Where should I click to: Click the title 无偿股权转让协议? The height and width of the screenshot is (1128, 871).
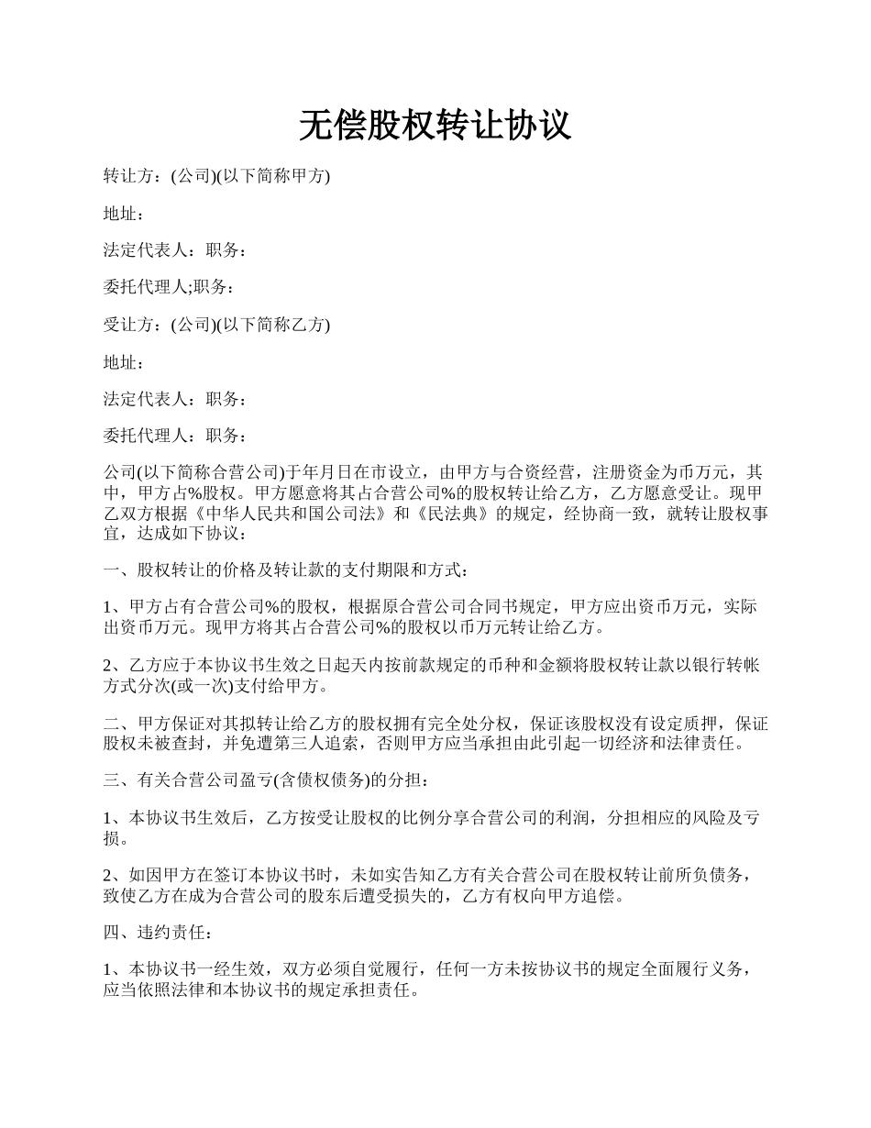point(435,127)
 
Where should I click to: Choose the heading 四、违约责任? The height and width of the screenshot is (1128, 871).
point(158,933)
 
